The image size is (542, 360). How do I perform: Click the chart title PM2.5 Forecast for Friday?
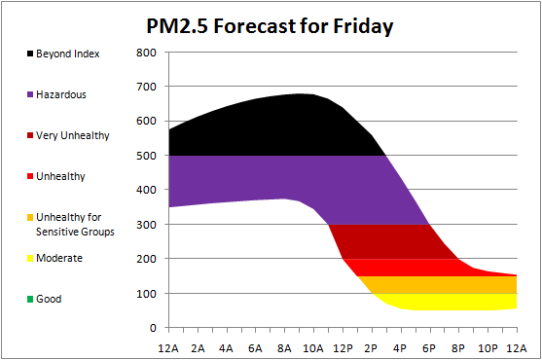click(270, 26)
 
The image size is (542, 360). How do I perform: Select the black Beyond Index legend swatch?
click(30, 54)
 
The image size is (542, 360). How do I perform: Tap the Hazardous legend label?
click(61, 94)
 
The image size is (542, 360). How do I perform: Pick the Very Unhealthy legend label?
click(73, 135)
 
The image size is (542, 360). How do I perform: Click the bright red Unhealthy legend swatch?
click(30, 176)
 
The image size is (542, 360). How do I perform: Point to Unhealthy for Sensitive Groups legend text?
click(75, 224)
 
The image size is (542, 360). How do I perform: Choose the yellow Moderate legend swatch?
click(30, 258)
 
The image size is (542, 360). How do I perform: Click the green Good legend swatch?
click(30, 299)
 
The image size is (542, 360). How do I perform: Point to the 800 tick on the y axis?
click(146, 53)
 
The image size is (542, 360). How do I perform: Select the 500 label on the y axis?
click(146, 156)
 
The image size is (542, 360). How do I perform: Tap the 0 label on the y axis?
click(153, 328)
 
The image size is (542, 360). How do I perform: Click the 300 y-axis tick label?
click(146, 224)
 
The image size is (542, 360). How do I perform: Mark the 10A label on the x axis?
click(313, 348)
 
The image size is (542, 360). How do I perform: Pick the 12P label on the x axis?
click(343, 348)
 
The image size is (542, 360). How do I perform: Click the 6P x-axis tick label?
click(429, 348)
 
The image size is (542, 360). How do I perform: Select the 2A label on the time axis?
click(198, 348)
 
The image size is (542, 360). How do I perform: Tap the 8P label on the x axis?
click(458, 348)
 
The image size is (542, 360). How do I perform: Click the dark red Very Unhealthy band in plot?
click(387, 241)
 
